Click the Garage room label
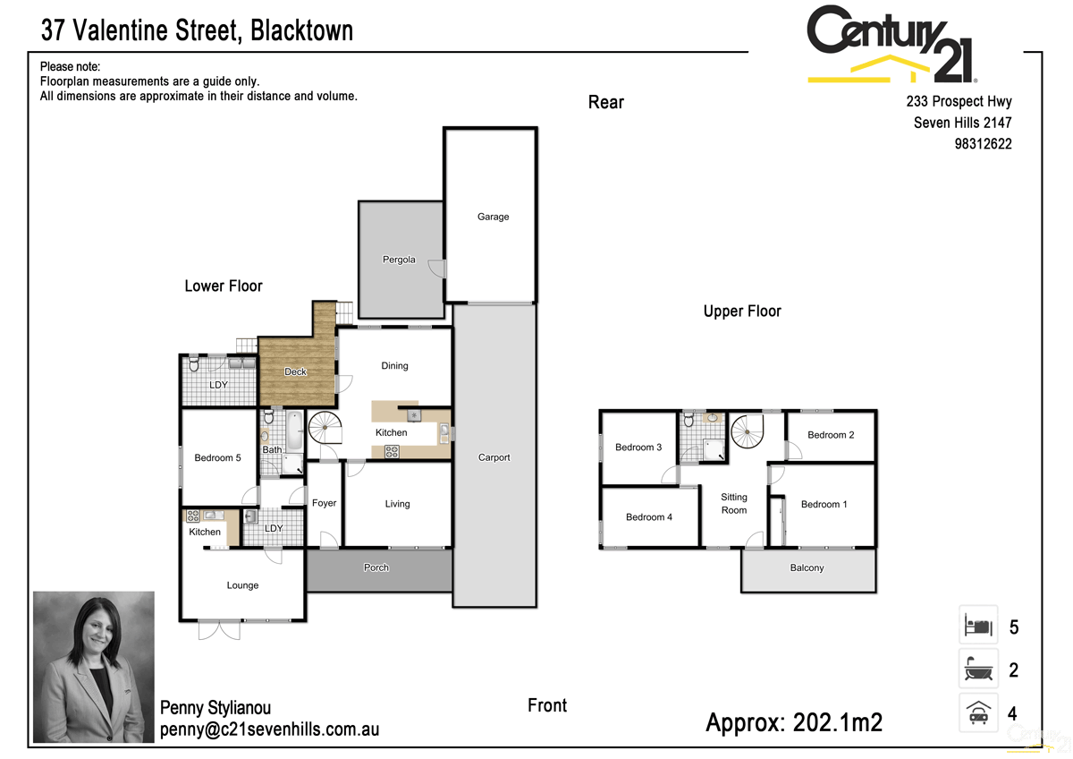pos(493,217)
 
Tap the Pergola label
pos(399,260)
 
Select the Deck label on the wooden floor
pos(295,371)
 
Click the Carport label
pos(494,457)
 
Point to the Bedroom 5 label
pos(217,458)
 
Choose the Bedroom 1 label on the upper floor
pos(824,504)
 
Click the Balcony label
pos(807,568)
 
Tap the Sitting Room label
pos(733,504)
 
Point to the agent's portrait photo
pos(93,667)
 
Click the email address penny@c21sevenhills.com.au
pos(269,729)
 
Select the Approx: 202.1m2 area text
pos(794,722)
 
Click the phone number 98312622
pos(983,144)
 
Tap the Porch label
pos(376,567)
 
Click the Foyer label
pos(324,503)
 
